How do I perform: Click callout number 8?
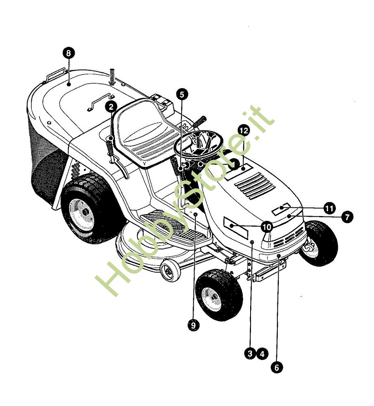(x=68, y=53)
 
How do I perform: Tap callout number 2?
(x=111, y=107)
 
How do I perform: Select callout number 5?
(x=182, y=95)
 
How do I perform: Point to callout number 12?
(x=244, y=130)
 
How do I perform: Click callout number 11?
(x=329, y=208)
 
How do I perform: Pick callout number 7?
(x=347, y=217)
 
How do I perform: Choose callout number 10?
(x=267, y=227)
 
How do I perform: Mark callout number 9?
(x=193, y=325)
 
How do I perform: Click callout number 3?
(x=250, y=354)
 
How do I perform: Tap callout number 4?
(x=262, y=354)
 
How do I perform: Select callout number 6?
(x=277, y=367)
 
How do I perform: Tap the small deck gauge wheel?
(x=170, y=271)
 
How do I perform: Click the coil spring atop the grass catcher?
(x=112, y=76)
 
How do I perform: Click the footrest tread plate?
(x=173, y=225)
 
